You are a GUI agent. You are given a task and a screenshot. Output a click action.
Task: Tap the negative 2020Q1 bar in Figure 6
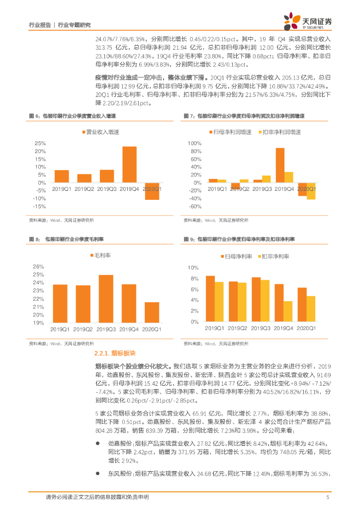(152, 191)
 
